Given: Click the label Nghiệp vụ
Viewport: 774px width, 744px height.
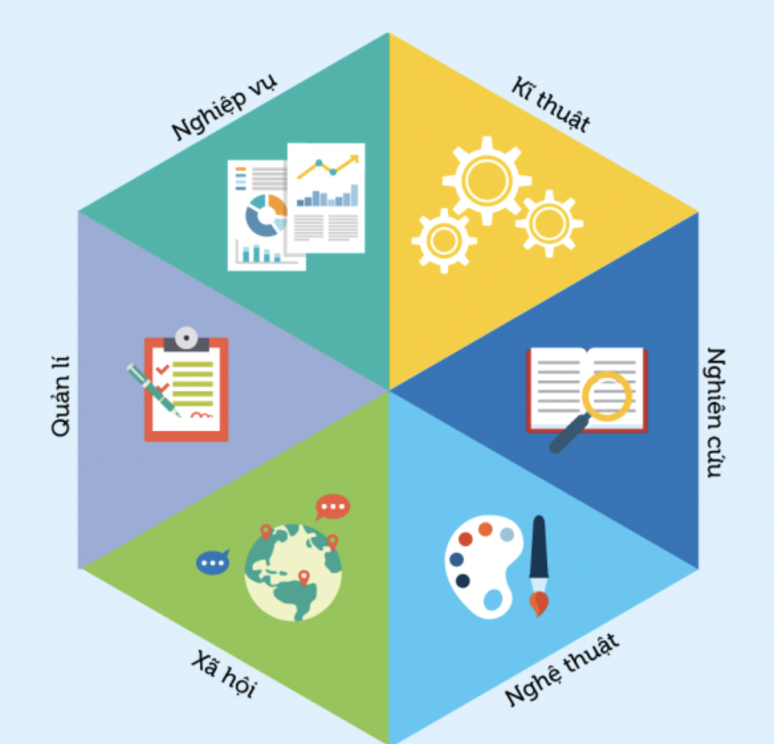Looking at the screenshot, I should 224,108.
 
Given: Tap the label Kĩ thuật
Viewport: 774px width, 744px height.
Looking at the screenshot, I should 551,105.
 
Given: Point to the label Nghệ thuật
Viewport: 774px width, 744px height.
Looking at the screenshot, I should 561,670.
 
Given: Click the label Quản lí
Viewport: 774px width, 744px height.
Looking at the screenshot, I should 60,397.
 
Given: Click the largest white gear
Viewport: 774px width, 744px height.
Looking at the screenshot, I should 487,180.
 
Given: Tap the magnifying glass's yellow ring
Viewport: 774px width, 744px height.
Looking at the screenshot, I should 607,396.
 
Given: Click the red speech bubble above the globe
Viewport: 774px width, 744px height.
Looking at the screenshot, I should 332,507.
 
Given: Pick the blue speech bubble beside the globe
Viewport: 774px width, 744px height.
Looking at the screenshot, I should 213,563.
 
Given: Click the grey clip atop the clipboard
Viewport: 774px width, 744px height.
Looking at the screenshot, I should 186,339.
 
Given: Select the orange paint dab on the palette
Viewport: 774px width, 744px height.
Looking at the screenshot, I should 486,529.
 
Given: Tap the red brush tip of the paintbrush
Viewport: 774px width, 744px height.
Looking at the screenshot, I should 539,603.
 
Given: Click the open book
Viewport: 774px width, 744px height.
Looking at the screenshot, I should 586,389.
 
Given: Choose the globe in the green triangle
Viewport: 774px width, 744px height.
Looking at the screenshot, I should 293,572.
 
